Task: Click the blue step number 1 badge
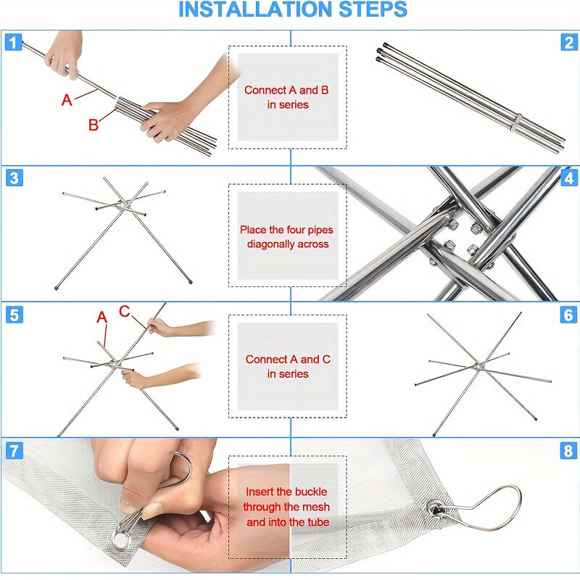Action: point(13,42)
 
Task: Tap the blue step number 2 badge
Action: point(569,42)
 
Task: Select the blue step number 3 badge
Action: point(14,178)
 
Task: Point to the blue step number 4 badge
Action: point(569,178)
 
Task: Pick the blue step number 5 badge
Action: point(14,315)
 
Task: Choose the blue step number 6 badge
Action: point(568,315)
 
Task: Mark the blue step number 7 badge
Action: point(14,450)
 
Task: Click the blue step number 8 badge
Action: point(568,450)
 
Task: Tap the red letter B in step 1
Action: point(94,125)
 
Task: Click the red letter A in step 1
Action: point(67,100)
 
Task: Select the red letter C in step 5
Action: point(125,311)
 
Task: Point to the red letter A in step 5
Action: point(101,317)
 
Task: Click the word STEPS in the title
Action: point(373,9)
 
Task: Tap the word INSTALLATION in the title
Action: point(255,9)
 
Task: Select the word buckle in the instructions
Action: point(310,492)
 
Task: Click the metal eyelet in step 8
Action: point(436,509)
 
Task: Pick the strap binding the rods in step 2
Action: point(516,122)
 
